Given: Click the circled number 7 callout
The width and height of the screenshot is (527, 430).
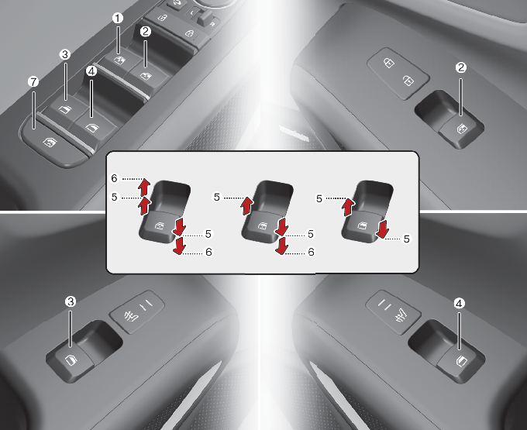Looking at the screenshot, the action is pyautogui.click(x=33, y=81).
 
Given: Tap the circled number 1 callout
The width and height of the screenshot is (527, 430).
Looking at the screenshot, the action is pyautogui.click(x=118, y=18).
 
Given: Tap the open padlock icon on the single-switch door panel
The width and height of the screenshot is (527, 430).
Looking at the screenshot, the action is pyautogui.click(x=408, y=81).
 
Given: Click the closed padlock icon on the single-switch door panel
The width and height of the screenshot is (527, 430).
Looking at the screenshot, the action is pyautogui.click(x=389, y=63).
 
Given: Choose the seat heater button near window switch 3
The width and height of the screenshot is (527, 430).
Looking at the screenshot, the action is pyautogui.click(x=137, y=311).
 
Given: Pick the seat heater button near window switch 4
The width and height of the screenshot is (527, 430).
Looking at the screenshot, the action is pyautogui.click(x=393, y=312).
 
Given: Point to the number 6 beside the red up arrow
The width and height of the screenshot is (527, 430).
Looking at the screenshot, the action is pyautogui.click(x=114, y=178).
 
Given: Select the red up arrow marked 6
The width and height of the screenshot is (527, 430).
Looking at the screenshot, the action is pyautogui.click(x=144, y=187).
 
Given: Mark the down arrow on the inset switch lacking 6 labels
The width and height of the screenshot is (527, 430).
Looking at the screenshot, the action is pyautogui.click(x=383, y=229).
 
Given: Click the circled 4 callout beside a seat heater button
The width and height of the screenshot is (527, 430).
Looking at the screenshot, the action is pyautogui.click(x=459, y=304).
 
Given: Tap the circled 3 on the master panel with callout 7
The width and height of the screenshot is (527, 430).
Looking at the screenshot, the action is pyautogui.click(x=65, y=54).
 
